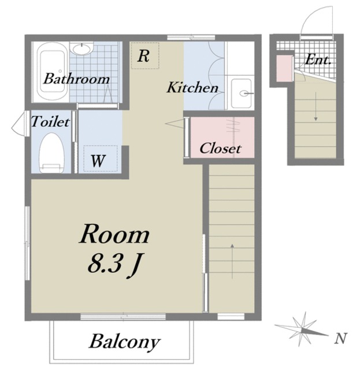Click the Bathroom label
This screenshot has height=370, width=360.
[x=76, y=79]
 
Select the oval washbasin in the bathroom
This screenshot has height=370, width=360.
[x=81, y=49]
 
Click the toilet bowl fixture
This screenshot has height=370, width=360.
[x=51, y=153]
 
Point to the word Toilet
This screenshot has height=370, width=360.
[x=50, y=122]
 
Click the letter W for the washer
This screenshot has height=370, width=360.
[x=98, y=161]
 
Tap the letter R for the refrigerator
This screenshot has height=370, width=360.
[x=143, y=56]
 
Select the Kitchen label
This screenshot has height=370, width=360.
[x=192, y=87]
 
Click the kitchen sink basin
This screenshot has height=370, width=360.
[x=241, y=93]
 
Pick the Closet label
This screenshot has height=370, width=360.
[x=220, y=149]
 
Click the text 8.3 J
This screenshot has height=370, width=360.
[x=113, y=265]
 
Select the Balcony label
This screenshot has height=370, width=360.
[x=124, y=342]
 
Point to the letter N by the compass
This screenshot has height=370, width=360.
[x=341, y=338]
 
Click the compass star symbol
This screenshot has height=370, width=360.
[x=302, y=330]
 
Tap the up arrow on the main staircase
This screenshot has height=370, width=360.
[x=232, y=261]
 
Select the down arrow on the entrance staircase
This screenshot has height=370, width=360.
[x=316, y=106]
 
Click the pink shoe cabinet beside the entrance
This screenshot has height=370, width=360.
[x=284, y=68]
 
